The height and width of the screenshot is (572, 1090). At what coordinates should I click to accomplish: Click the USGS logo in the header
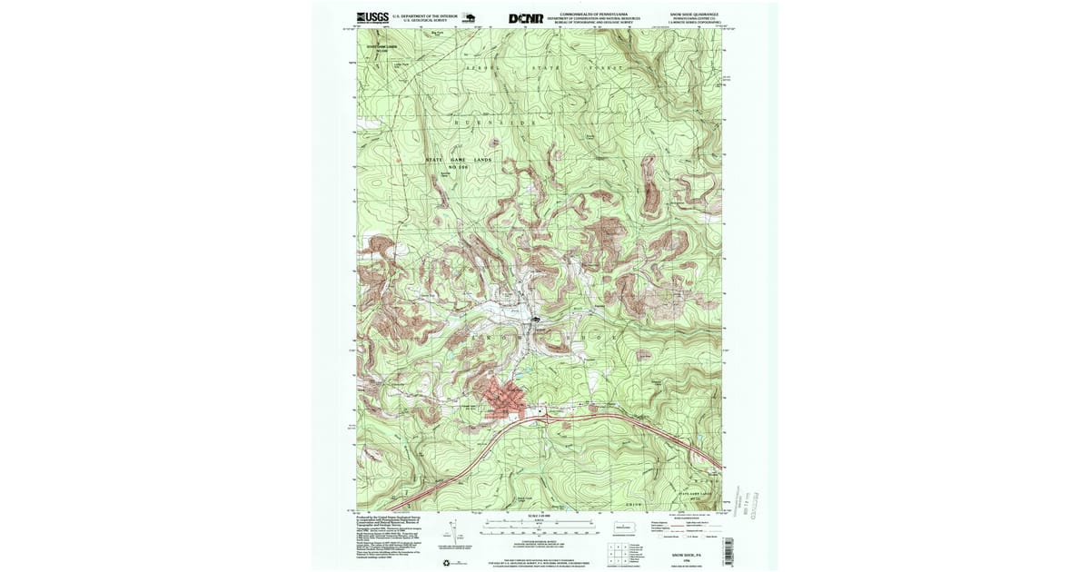click(x=372, y=17)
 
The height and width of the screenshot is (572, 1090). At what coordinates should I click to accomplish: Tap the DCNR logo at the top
click(x=526, y=17)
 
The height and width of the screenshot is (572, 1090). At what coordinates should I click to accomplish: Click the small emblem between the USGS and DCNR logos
click(x=470, y=17)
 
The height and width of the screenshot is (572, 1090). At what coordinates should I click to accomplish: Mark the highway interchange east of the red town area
click(x=543, y=414)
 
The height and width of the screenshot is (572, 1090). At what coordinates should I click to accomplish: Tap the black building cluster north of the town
click(x=536, y=320)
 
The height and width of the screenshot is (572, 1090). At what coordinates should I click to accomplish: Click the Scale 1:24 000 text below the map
click(x=540, y=516)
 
